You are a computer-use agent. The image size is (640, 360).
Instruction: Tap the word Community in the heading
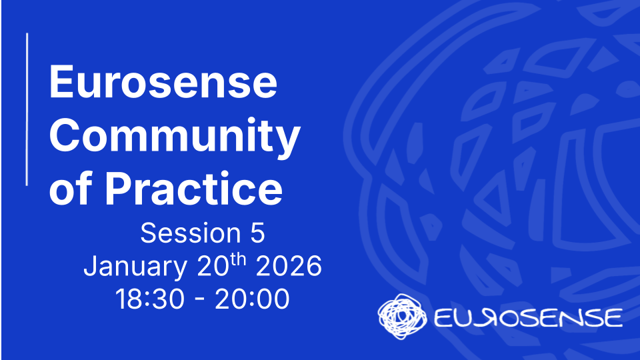(175, 137)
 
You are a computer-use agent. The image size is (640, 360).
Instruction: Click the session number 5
(257, 233)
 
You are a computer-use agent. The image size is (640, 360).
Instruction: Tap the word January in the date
(135, 267)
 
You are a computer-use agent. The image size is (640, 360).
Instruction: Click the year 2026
(289, 267)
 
